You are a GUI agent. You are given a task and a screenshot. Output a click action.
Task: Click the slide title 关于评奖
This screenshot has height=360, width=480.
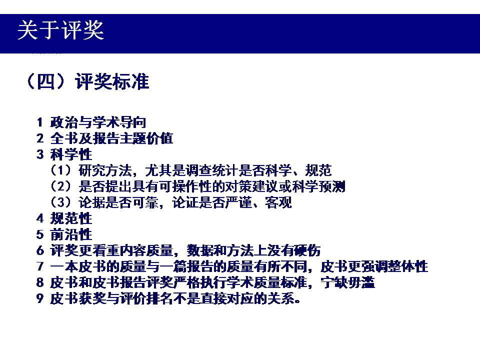click(x=60, y=30)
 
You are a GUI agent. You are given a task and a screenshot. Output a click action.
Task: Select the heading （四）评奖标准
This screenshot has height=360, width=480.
click(x=87, y=81)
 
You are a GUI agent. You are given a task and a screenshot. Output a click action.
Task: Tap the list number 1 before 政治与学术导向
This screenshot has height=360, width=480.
click(x=39, y=122)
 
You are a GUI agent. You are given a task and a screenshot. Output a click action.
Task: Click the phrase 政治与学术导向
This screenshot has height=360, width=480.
click(x=98, y=122)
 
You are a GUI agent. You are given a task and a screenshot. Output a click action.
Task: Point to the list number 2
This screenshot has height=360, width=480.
click(x=40, y=138)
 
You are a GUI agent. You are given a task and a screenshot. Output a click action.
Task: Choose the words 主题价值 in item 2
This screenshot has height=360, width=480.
click(x=146, y=138)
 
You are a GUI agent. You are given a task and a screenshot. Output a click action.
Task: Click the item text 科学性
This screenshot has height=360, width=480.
click(x=71, y=154)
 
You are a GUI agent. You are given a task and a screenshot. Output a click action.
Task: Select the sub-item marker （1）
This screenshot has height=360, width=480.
click(x=60, y=170)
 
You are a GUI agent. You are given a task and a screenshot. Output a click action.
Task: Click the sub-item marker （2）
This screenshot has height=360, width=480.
click(x=60, y=186)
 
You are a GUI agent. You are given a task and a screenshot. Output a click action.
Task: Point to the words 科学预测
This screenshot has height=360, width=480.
click(x=318, y=186)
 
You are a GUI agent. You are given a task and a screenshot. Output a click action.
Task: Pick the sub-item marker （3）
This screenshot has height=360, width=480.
click(x=60, y=202)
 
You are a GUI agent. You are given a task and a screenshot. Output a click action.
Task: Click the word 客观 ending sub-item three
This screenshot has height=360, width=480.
click(x=278, y=202)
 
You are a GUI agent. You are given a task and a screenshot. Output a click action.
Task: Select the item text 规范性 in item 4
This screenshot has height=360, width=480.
click(x=71, y=218)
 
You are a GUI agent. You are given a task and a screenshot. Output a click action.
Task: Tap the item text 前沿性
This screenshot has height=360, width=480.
click(x=71, y=234)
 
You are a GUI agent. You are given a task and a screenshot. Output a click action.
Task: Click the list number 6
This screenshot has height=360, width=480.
click(x=40, y=250)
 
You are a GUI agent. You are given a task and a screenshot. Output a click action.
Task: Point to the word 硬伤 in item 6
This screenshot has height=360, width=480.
click(x=307, y=250)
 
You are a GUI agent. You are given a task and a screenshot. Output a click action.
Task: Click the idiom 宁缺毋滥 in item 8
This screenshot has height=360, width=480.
click(x=348, y=282)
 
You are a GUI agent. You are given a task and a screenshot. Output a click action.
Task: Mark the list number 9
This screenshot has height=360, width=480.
click(x=40, y=298)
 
